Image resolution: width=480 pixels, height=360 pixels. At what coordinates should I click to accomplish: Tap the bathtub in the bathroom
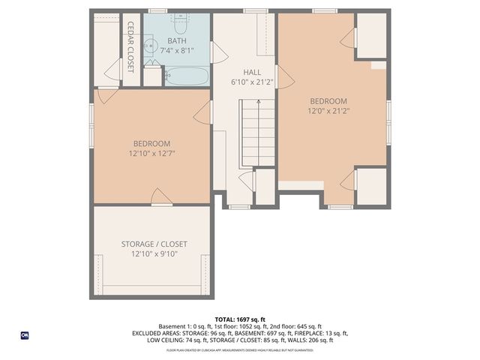186,76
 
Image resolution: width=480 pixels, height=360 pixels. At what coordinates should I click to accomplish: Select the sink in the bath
150,48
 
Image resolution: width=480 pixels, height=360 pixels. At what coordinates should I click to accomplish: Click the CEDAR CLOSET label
130,46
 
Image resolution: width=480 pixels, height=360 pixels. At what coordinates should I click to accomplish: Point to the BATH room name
177,41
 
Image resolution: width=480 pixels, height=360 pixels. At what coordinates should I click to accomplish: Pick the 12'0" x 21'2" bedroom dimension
328,110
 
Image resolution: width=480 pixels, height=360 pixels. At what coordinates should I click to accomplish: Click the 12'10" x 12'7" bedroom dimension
151,153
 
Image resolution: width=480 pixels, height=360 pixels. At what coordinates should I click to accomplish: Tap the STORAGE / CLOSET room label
154,244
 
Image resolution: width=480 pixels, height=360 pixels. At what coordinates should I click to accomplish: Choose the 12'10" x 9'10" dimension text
154,254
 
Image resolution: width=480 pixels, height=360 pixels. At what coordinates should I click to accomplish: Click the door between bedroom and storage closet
161,197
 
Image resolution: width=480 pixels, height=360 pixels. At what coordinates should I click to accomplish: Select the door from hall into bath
218,52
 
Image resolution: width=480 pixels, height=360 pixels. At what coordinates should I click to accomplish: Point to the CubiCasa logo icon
25,335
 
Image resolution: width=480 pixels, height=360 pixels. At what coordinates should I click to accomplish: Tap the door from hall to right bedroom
282,77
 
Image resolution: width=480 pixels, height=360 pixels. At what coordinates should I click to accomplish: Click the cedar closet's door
113,70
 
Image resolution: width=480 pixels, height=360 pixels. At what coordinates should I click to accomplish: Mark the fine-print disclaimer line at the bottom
239,349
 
